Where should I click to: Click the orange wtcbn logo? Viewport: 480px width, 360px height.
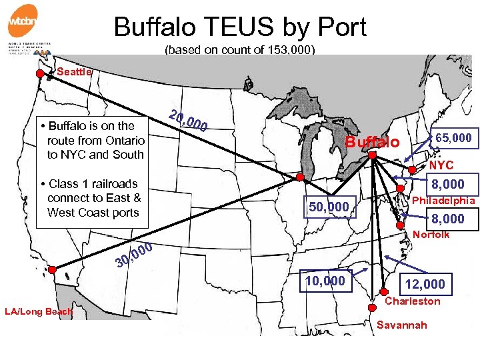(22, 21)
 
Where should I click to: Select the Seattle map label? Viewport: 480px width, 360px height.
(74, 71)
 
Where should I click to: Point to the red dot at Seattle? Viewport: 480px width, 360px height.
(40, 73)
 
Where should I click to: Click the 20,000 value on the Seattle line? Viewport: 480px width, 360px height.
(188, 119)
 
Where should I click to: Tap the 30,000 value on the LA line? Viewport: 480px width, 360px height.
(133, 255)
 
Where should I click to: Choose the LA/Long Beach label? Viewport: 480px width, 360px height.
(38, 311)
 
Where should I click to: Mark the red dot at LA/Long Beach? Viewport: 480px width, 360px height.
(52, 270)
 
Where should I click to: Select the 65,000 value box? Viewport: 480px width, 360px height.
(453, 138)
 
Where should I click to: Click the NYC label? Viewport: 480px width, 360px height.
(441, 165)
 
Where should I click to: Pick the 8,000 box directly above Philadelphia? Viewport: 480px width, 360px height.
(448, 185)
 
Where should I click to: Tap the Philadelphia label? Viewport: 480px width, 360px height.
(443, 201)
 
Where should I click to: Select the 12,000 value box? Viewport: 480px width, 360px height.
(425, 284)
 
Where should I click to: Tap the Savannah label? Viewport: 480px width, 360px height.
(403, 325)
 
